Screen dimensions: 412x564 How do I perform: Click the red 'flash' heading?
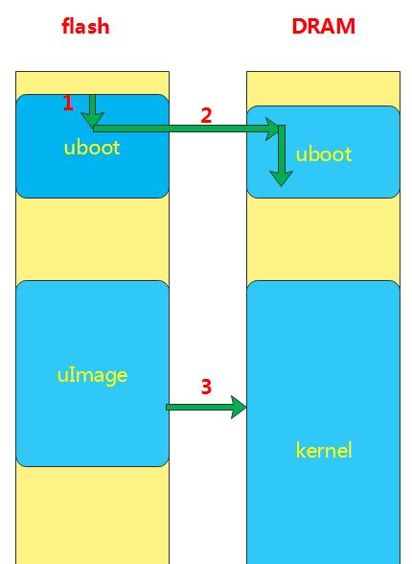(85, 26)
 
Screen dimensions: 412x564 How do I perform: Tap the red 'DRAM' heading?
(323, 26)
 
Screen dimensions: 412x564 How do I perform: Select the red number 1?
(68, 103)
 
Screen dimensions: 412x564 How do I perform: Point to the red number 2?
(206, 115)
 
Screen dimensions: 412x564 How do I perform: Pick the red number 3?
(206, 387)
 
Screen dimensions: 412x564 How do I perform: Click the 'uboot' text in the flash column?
(92, 148)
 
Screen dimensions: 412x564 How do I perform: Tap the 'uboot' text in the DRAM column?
(323, 153)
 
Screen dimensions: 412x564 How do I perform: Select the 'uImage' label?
(92, 376)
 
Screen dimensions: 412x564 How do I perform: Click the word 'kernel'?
(323, 450)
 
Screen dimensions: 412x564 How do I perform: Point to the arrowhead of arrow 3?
(239, 407)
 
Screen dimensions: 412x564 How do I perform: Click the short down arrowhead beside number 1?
(92, 120)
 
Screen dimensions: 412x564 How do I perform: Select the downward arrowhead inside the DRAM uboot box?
(281, 178)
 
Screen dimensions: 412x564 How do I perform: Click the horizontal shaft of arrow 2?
(179, 129)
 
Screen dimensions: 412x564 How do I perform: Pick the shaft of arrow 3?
(198, 407)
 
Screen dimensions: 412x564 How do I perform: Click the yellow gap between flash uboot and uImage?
(92, 239)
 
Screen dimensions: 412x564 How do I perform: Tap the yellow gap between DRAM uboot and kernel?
(323, 239)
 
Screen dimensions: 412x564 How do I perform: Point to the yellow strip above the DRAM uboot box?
(323, 88)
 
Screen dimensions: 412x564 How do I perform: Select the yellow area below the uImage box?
(92, 515)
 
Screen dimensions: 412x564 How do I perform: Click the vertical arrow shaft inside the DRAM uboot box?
(282, 148)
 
